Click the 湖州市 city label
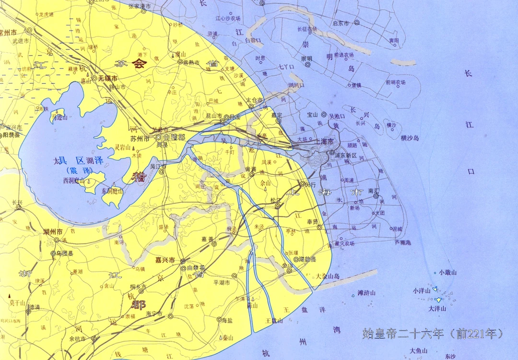(x=53, y=231)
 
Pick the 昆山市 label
(x=212, y=116)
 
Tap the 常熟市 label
(x=194, y=62)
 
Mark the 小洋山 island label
(x=422, y=290)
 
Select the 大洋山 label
(x=437, y=309)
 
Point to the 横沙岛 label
(x=410, y=138)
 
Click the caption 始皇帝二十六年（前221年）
(x=433, y=333)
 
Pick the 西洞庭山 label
(x=73, y=181)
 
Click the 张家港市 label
(x=140, y=6)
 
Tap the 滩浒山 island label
(x=366, y=293)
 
